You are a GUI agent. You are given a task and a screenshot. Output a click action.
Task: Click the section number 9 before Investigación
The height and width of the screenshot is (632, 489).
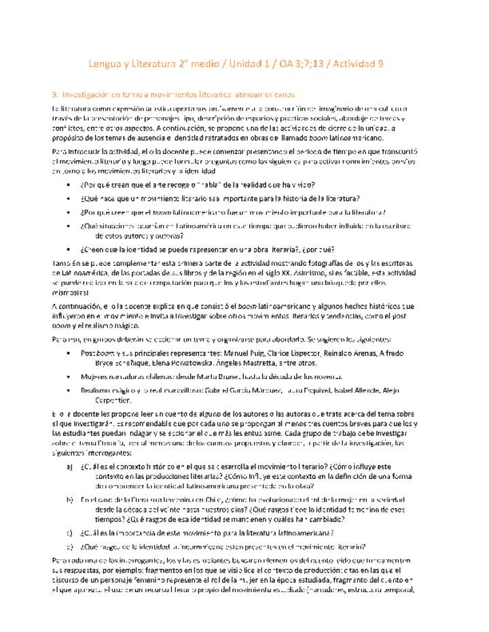point(54,94)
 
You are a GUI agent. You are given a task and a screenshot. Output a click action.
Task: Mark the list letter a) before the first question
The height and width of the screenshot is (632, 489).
point(70,467)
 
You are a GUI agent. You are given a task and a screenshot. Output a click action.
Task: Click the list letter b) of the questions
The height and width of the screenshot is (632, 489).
point(70,499)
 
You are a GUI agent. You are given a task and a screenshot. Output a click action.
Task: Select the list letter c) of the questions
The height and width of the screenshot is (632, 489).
point(70,532)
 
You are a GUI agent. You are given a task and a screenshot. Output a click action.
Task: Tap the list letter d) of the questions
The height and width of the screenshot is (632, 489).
point(70,546)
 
